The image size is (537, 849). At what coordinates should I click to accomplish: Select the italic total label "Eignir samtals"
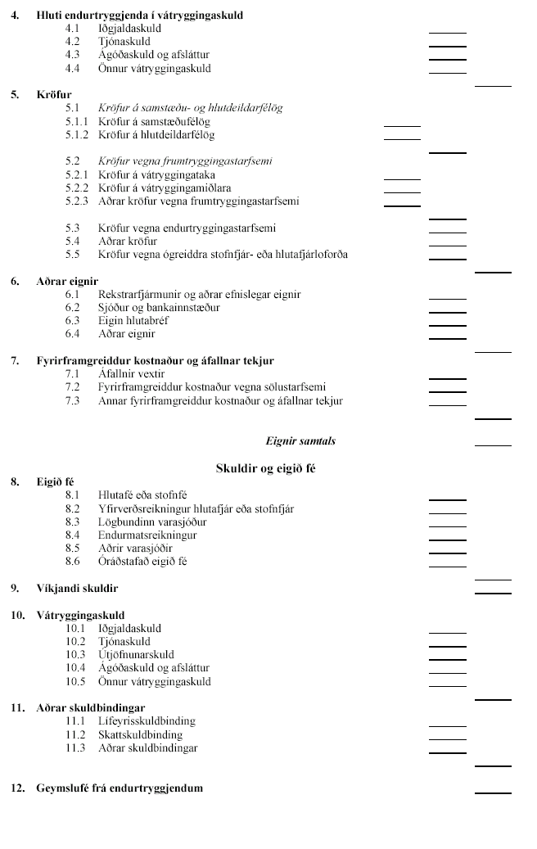click(300, 441)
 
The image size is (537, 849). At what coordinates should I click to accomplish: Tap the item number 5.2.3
click(77, 201)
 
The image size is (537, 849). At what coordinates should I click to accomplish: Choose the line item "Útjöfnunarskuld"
click(136, 655)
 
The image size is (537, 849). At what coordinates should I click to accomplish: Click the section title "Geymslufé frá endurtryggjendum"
click(119, 788)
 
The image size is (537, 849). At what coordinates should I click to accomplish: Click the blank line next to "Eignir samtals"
click(493, 445)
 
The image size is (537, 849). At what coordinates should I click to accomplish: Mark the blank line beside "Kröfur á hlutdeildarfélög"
click(402, 139)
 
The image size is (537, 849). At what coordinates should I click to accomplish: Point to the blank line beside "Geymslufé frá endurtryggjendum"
click(493, 793)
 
